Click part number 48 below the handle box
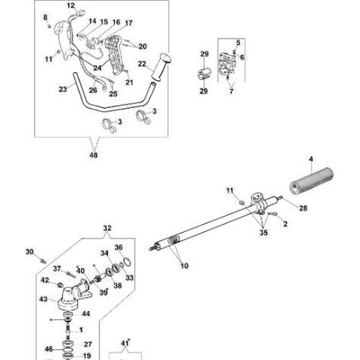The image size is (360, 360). tap(93, 155)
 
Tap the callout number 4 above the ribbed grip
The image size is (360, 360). tap(311, 159)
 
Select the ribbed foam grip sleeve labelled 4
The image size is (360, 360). tap(311, 180)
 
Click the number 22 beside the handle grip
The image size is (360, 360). tap(142, 64)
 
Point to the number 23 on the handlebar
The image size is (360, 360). tap(63, 89)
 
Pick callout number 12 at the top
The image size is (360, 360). tap(70, 5)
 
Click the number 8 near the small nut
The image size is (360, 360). tap(45, 18)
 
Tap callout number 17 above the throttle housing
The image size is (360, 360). tap(129, 23)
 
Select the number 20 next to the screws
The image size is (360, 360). tap(142, 46)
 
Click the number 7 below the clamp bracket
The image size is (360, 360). tap(231, 91)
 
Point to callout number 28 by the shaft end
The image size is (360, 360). tap(303, 208)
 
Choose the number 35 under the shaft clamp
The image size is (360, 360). tap(263, 232)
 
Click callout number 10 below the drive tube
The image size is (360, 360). tap(185, 266)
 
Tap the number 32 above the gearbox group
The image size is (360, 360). tap(107, 228)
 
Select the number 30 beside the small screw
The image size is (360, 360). tap(30, 252)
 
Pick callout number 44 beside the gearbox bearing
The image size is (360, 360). tap(86, 313)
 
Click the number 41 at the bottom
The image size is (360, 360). tap(124, 344)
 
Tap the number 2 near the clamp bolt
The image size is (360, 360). tap(286, 224)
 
